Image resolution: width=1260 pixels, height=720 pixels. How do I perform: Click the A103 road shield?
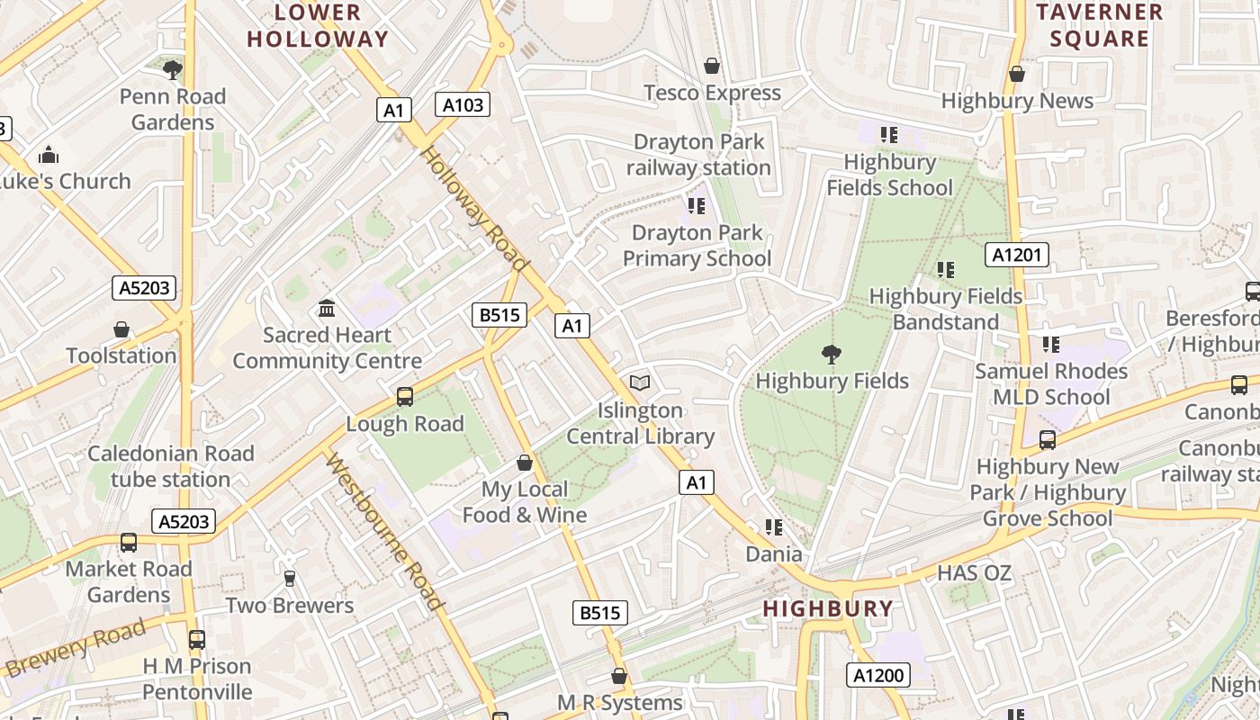coord(463,105)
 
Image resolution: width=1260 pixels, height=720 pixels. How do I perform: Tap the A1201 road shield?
coord(1017,256)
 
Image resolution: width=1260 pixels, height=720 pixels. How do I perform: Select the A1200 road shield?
coord(877,675)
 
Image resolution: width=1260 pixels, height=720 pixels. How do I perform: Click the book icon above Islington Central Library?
coord(640,383)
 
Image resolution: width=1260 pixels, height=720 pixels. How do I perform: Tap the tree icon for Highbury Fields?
coord(832,355)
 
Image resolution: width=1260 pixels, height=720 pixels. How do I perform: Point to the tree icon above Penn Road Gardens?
coord(173,69)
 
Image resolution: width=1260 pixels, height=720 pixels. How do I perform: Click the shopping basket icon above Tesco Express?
coord(712,66)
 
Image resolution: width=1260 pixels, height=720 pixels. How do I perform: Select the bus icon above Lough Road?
coord(405,397)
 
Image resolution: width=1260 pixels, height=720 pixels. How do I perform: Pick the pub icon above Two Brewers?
coord(289,579)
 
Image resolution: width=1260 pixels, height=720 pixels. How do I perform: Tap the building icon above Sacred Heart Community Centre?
coord(327,309)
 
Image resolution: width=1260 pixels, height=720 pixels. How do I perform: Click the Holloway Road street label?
coord(473,209)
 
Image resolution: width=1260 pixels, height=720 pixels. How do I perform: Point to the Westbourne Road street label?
coord(384,531)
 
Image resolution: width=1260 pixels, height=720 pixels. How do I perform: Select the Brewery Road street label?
coord(76,649)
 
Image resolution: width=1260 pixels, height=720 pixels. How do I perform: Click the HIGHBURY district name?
coord(828,609)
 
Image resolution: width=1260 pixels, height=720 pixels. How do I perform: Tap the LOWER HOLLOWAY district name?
coord(318,26)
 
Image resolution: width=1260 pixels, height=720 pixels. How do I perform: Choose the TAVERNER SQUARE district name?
coord(1099,26)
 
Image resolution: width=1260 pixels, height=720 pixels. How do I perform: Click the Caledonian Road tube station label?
coord(171,466)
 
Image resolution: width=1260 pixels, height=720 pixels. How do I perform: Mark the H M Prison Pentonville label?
coord(197,679)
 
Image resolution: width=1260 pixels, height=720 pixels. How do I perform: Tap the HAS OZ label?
coord(974,573)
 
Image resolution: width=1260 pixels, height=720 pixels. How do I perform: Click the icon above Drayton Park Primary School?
coord(696,206)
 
